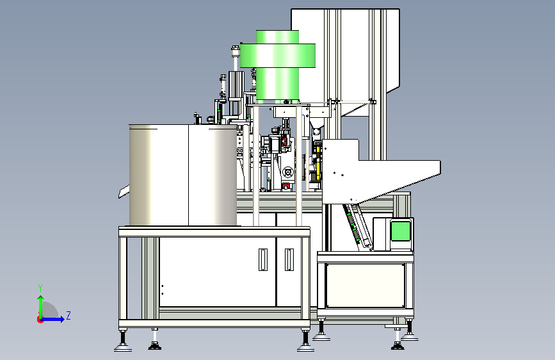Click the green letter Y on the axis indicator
(x=40, y=288)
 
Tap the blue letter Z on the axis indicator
(x=68, y=315)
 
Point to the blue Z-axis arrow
(x=52, y=319)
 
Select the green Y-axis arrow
(x=41, y=307)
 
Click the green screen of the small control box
(x=401, y=231)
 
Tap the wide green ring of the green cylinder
(x=278, y=56)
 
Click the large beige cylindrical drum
(x=183, y=175)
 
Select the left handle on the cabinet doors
(x=263, y=259)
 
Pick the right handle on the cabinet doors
(x=289, y=259)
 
